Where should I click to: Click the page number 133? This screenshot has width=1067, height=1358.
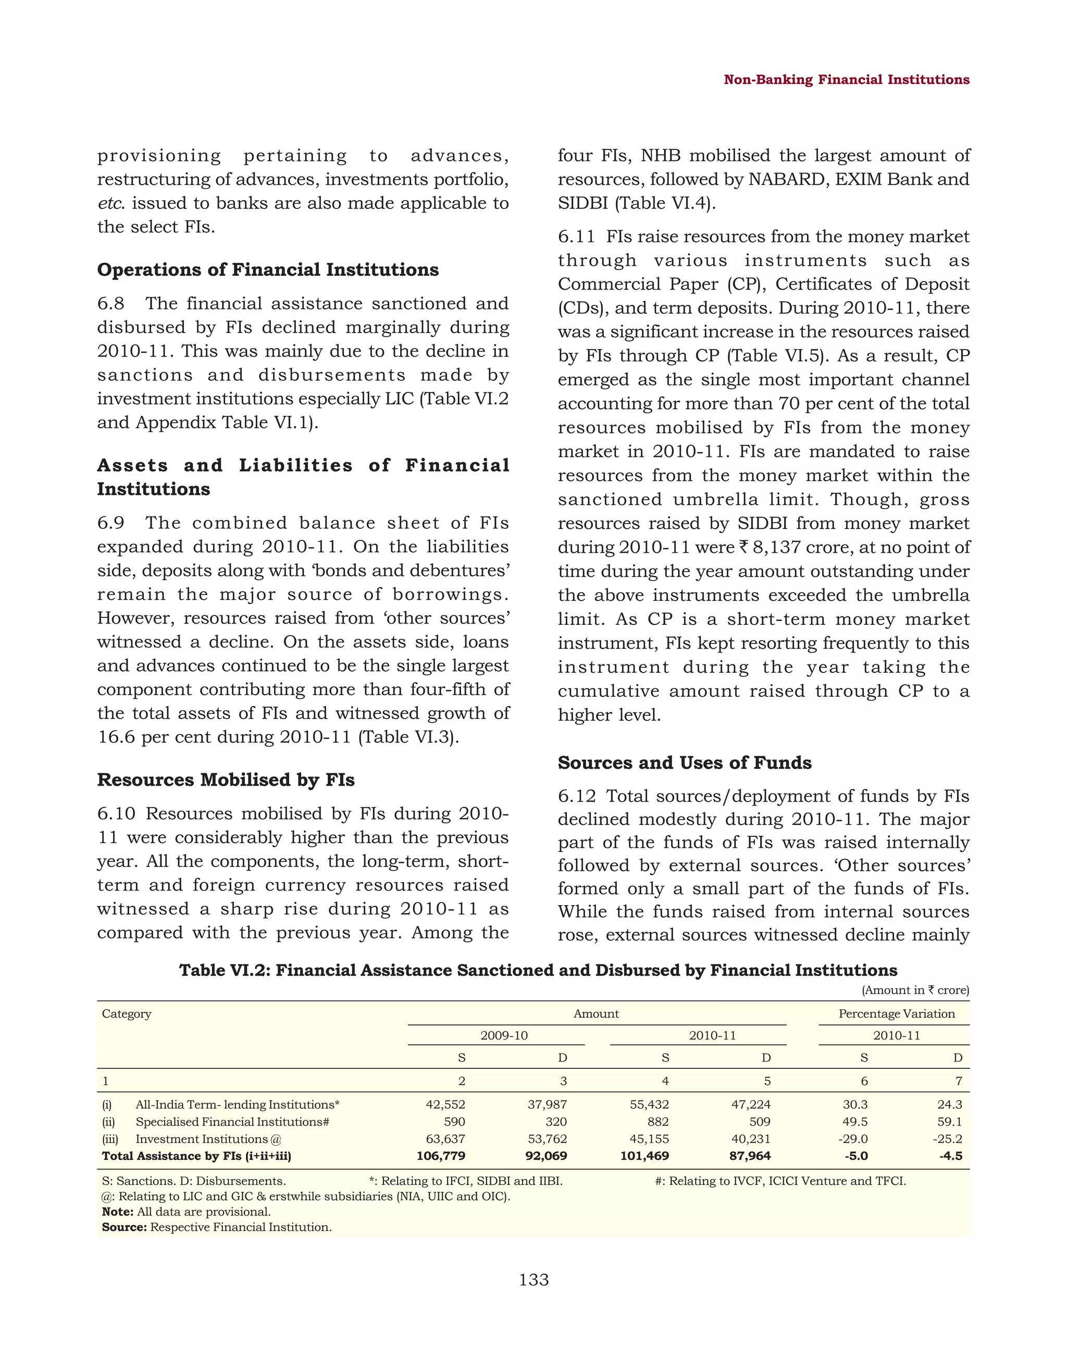533,1280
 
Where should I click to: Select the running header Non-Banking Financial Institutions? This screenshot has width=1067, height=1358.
846,79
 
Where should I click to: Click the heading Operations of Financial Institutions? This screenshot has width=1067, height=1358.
267,269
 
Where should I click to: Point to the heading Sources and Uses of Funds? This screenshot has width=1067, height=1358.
684,762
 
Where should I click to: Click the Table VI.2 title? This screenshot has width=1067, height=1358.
538,970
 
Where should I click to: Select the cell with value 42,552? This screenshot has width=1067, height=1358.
445,1104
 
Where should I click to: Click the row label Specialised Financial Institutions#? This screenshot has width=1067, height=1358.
232,1122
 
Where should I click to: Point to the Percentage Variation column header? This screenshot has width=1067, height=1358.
896,1014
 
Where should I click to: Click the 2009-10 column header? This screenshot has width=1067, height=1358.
503,1035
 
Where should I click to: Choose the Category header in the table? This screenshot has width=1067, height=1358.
126,1014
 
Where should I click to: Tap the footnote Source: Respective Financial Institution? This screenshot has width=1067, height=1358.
216,1227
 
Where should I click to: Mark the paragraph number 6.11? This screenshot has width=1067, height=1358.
576,237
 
